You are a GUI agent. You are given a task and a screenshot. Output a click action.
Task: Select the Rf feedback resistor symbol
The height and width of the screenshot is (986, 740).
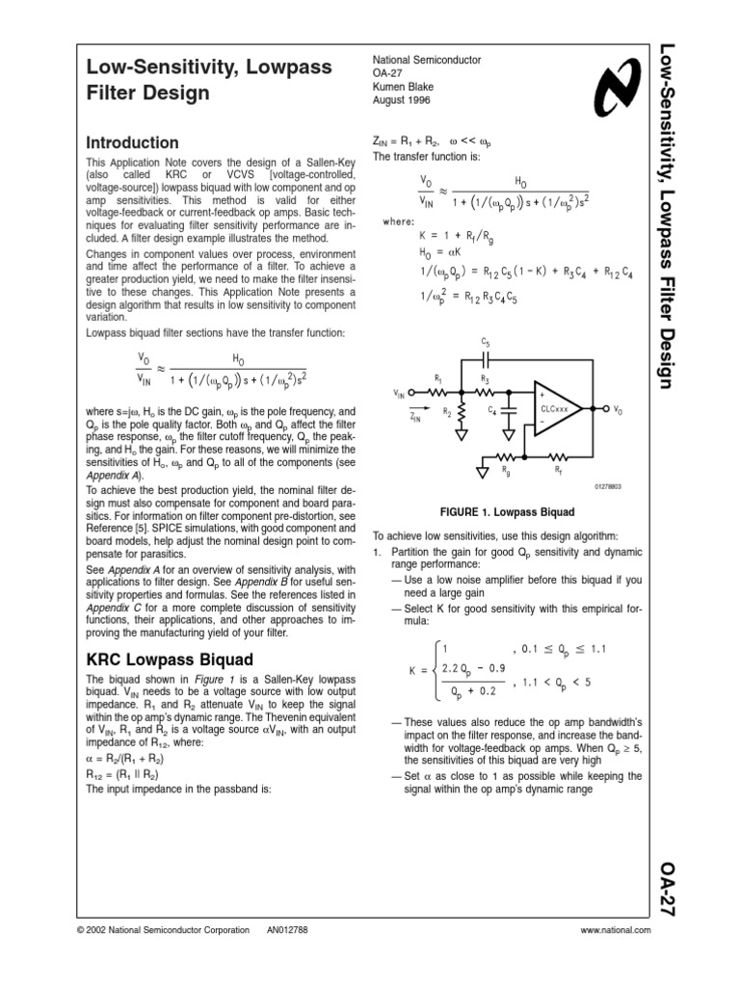coord(558,457)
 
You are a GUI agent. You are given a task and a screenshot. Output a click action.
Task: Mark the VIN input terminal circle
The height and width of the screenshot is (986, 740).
coord(412,393)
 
